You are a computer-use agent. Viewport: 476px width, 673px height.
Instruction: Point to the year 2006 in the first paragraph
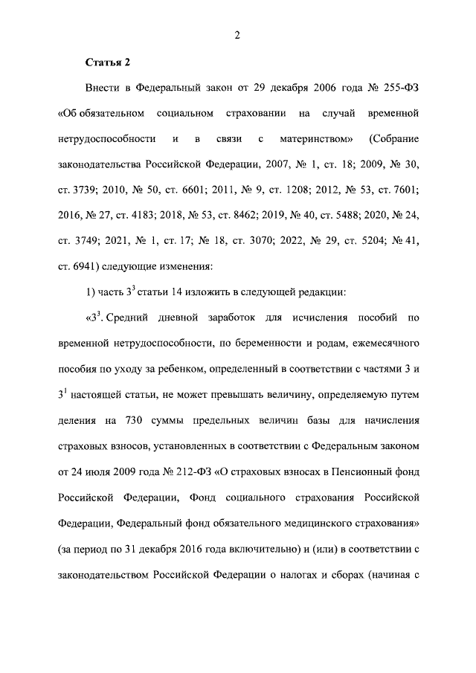tap(299, 88)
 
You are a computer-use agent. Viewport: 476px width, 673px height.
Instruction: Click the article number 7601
tap(402, 189)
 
